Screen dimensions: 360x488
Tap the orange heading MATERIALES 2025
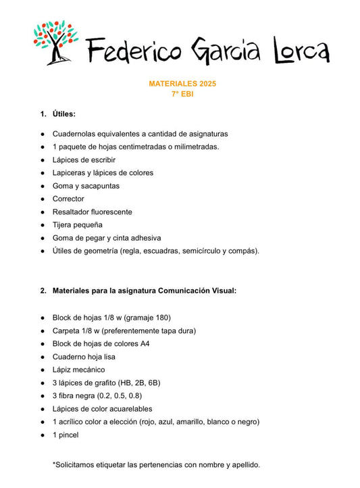pos(182,84)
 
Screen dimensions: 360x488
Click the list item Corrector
pos(68,199)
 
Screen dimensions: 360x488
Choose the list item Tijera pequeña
pos(77,224)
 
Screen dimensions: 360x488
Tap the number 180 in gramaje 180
pos(161,317)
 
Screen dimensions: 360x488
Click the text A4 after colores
pos(145,343)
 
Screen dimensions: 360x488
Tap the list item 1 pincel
pos(66,435)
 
